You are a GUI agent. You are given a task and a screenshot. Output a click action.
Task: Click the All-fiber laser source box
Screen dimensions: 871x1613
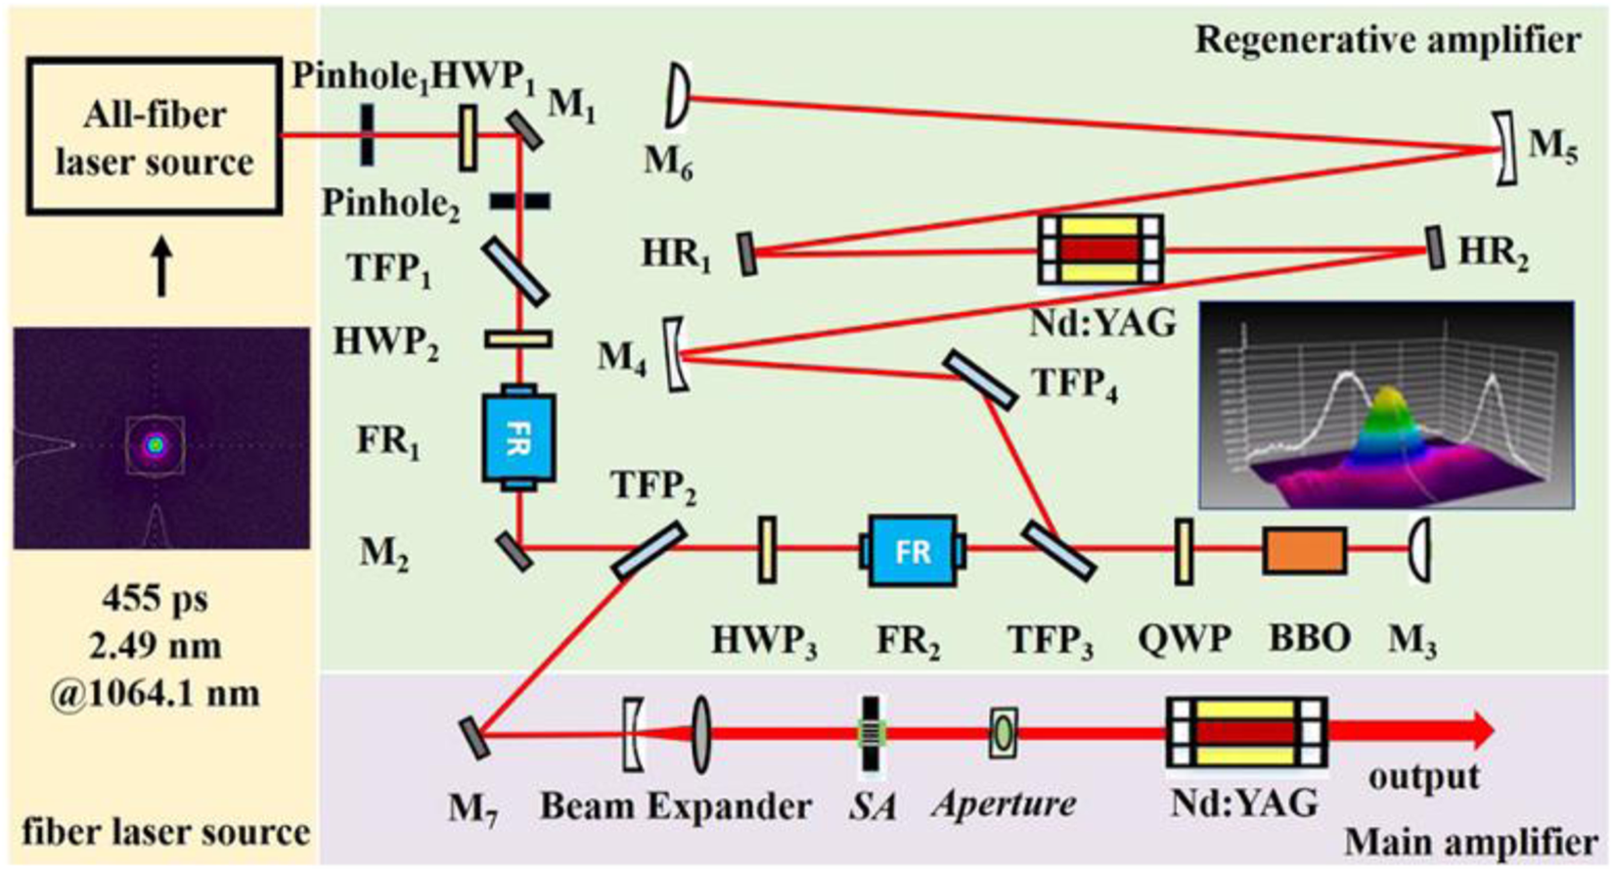click(x=154, y=137)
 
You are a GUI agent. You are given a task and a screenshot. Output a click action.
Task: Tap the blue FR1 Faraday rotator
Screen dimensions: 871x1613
click(x=518, y=437)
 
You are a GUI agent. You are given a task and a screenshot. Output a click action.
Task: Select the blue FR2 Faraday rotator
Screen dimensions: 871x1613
click(x=912, y=551)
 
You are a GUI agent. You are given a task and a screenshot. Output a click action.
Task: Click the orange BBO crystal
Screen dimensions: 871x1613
click(x=1305, y=550)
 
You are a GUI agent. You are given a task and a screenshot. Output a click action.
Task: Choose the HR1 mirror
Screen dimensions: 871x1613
click(x=748, y=253)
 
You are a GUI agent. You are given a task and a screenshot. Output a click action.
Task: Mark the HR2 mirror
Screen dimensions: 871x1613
click(x=1435, y=249)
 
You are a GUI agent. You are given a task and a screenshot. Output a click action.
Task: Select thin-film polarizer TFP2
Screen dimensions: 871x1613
click(x=648, y=550)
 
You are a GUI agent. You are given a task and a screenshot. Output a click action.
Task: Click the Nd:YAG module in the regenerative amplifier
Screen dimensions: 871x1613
click(x=1100, y=250)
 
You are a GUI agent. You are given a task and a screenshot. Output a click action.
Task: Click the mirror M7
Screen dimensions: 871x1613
click(x=474, y=737)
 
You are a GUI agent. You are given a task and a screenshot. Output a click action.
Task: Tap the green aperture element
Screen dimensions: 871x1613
click(x=1003, y=732)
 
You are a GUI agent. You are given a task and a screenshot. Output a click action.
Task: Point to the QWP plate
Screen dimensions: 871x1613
click(x=1184, y=551)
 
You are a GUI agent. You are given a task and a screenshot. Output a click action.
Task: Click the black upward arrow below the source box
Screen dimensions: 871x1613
click(x=162, y=270)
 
